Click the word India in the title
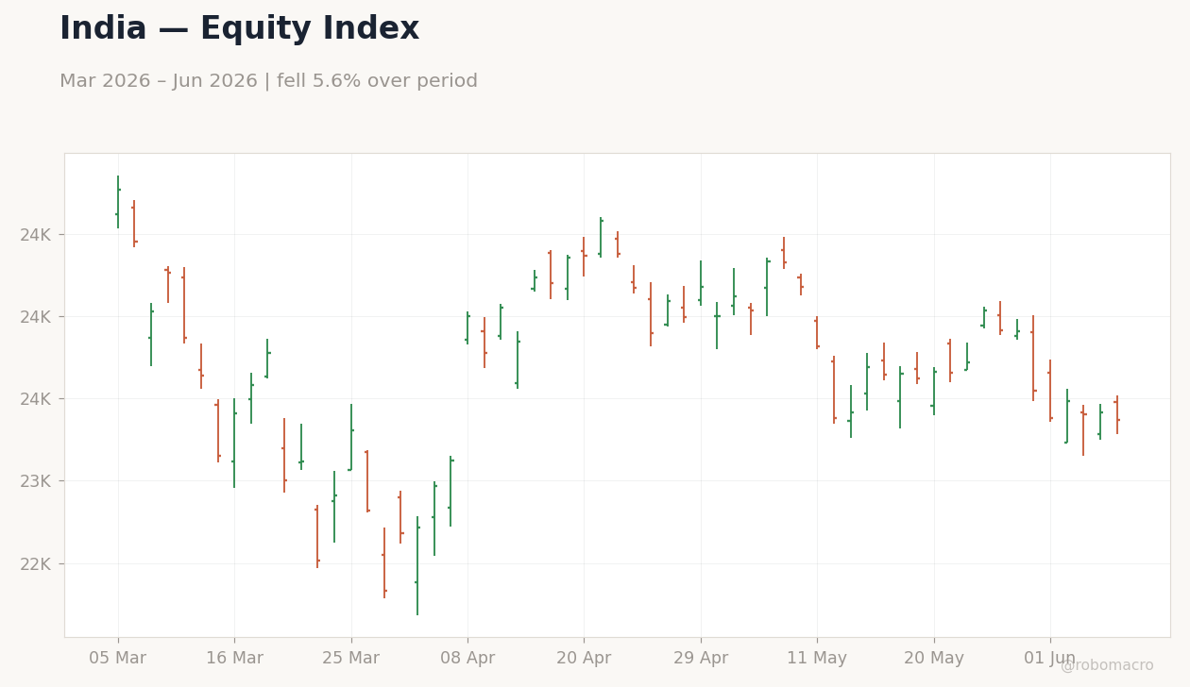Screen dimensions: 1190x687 (x=103, y=28)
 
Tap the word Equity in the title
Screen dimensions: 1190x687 (x=257, y=29)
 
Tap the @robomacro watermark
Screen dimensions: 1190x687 (x=1107, y=665)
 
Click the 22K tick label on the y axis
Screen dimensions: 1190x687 (x=36, y=563)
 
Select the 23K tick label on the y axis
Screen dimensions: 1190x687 (x=36, y=481)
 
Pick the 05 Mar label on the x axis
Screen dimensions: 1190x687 (x=117, y=658)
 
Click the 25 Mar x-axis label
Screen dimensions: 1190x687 (x=350, y=658)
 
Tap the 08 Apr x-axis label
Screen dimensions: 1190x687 (x=467, y=658)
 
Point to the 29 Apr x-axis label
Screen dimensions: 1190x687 (x=701, y=658)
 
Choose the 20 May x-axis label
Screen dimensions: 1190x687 (x=934, y=658)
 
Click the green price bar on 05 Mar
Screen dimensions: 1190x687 (x=118, y=202)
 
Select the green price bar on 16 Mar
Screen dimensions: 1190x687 (x=234, y=443)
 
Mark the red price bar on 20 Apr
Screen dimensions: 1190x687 (x=584, y=257)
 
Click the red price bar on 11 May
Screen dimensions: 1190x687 (x=817, y=332)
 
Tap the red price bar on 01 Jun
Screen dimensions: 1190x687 (x=1050, y=391)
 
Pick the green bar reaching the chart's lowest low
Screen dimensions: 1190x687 (x=417, y=565)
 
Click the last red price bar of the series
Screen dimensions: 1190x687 (x=1117, y=414)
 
